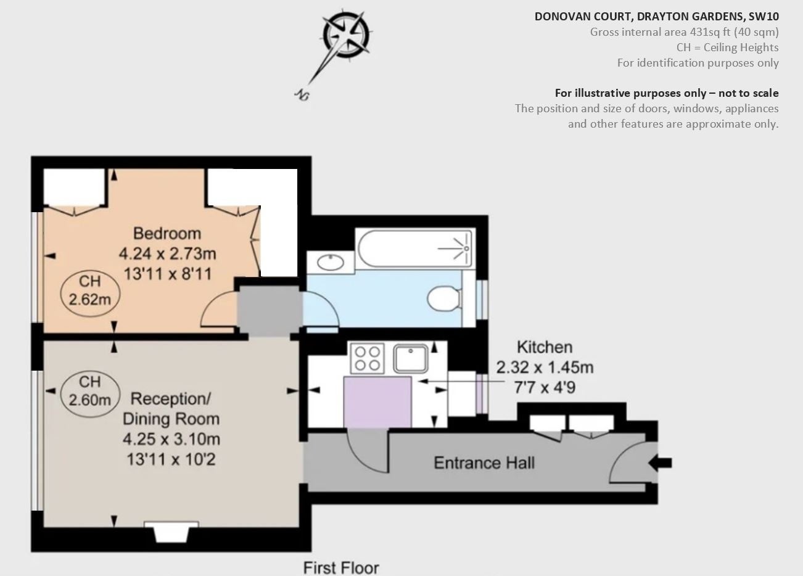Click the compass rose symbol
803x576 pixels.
click(x=345, y=36)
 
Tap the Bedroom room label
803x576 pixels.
click(x=167, y=233)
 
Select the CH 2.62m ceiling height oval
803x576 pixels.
click(x=89, y=294)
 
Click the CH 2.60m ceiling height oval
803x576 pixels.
click(x=89, y=394)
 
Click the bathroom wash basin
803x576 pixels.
click(x=331, y=262)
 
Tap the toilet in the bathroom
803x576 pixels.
click(x=444, y=298)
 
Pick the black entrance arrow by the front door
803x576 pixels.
click(x=660, y=463)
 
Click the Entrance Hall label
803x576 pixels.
click(x=484, y=463)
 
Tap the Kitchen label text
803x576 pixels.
click(x=545, y=347)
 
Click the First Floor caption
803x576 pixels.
click(x=341, y=568)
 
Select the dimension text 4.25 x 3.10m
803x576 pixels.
click(x=171, y=439)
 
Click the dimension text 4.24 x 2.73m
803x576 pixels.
click(x=167, y=253)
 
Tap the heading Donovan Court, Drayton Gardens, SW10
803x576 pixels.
click(x=657, y=17)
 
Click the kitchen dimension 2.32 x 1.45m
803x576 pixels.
click(x=545, y=368)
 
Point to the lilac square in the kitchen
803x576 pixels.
click(x=377, y=402)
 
